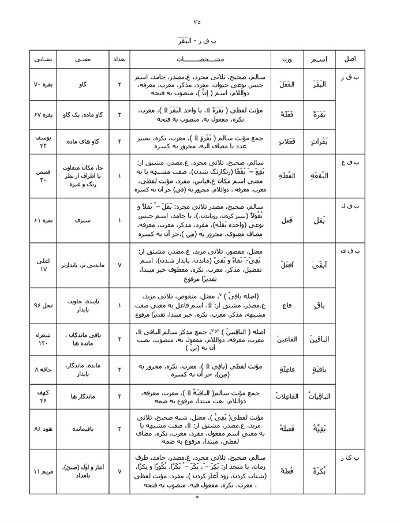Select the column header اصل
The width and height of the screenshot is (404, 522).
350,59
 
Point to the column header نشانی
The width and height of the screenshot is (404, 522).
43,59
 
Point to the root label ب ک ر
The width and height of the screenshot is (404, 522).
350,457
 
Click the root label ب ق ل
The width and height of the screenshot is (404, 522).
350,205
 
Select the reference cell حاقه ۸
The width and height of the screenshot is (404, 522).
43,369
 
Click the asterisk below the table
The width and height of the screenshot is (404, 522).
197,497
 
